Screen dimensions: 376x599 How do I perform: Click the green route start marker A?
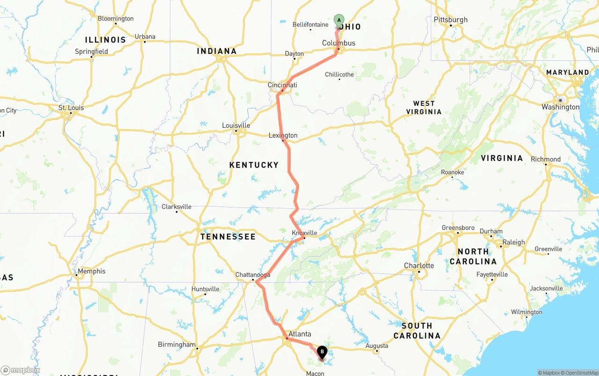[339, 20]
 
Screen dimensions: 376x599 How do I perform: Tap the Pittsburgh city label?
[451, 20]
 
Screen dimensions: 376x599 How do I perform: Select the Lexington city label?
[283, 135]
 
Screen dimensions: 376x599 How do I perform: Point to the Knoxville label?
[304, 233]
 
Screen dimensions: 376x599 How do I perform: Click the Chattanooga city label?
[253, 275]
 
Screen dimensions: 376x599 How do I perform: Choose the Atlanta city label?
[299, 334]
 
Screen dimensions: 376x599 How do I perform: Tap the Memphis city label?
[92, 271]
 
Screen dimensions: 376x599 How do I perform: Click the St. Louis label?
[71, 108]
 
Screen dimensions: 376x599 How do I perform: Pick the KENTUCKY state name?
[254, 165]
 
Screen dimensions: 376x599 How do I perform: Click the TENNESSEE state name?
[228, 236]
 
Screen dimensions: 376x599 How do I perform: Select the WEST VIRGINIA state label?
[424, 108]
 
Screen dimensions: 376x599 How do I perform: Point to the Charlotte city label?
[419, 265]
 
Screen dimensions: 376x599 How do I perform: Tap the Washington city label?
[560, 107]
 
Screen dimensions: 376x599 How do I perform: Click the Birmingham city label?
[176, 345]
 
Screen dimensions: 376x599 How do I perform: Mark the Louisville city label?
[236, 125]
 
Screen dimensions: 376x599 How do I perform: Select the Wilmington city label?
[526, 312]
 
